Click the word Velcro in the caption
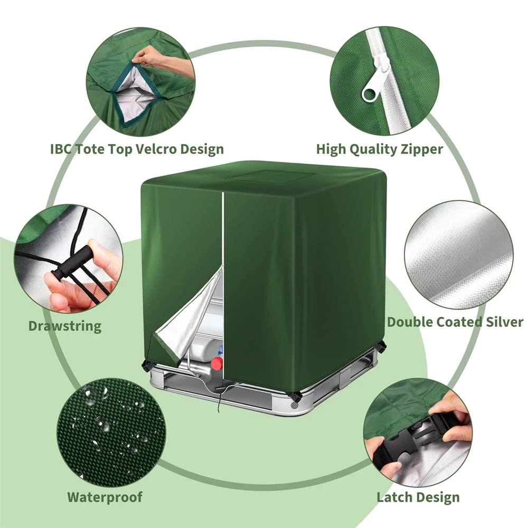click(x=153, y=149)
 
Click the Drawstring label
click(x=64, y=325)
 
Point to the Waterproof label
click(x=105, y=497)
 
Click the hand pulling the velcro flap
click(x=153, y=55)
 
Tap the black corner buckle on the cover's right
click(x=380, y=346)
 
